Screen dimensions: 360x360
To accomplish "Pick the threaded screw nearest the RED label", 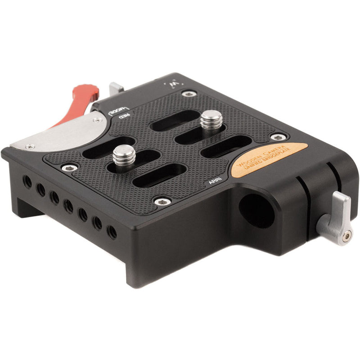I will pyautogui.click(x=124, y=155).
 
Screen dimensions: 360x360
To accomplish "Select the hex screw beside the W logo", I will pyautogui.click(x=189, y=94).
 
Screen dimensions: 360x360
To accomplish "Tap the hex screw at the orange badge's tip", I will pyautogui.click(x=278, y=136).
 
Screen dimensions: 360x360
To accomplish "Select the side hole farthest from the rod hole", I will pyautogui.click(x=27, y=182).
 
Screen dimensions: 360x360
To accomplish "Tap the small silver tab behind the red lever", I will pyautogui.click(x=116, y=88).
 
